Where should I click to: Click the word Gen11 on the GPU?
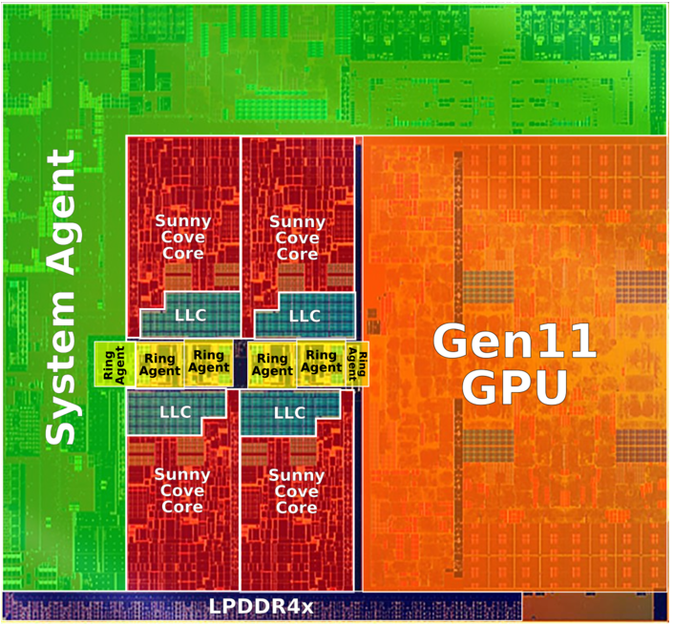click(515, 342)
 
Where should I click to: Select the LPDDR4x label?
click(261, 607)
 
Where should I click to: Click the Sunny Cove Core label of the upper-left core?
click(183, 238)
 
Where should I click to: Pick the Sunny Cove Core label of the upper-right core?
click(298, 238)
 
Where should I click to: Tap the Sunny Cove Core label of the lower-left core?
click(182, 490)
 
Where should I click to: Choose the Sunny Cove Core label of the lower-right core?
click(297, 491)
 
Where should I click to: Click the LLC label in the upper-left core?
click(191, 316)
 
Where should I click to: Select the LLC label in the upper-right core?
click(305, 316)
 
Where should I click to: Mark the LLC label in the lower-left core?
click(176, 412)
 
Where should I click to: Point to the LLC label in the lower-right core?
click(289, 413)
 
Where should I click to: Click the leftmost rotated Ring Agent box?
click(115, 364)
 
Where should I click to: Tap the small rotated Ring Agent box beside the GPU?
click(358, 364)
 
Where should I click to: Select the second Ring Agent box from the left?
click(160, 364)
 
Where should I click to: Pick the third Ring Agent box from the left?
click(209, 363)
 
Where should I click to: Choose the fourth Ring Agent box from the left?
click(273, 364)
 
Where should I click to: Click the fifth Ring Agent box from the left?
click(322, 363)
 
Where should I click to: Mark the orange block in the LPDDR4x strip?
click(588, 607)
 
